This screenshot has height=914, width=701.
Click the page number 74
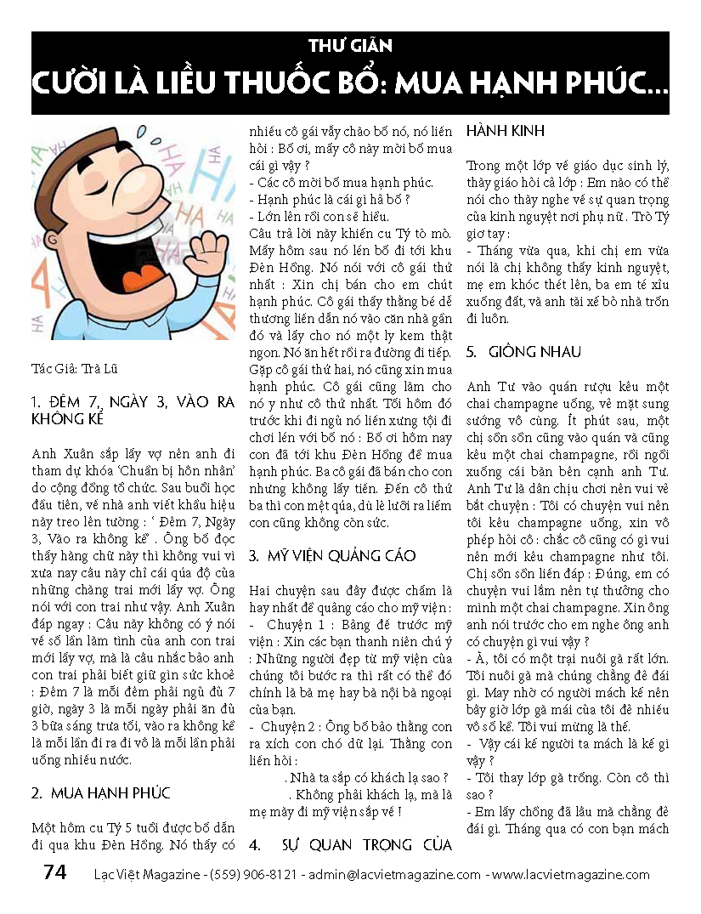click(54, 873)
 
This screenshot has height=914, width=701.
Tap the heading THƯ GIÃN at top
click(350, 46)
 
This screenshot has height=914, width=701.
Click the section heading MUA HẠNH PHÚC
click(110, 793)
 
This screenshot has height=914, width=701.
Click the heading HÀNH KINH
click(506, 132)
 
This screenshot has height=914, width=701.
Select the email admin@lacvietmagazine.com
click(394, 874)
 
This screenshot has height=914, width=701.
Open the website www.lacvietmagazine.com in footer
click(571, 874)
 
